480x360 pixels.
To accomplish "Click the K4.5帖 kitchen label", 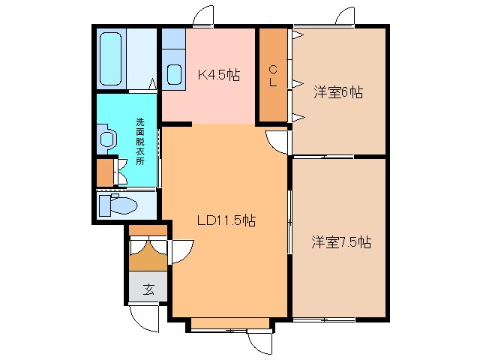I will point(218,74).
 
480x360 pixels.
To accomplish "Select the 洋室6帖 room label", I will point(338,92).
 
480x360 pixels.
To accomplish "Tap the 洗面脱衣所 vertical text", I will point(139,142).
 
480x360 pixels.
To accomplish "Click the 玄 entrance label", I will point(148,289).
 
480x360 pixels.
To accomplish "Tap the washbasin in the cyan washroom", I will point(106,138).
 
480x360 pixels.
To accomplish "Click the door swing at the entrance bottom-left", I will point(142,319).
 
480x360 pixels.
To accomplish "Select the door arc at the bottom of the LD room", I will point(258,341).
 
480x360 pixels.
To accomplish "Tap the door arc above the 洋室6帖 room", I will point(346,17).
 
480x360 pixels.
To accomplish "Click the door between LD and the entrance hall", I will point(181,251).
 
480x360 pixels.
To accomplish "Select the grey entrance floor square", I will point(148,289).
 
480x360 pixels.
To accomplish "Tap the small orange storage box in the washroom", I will point(103,172).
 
